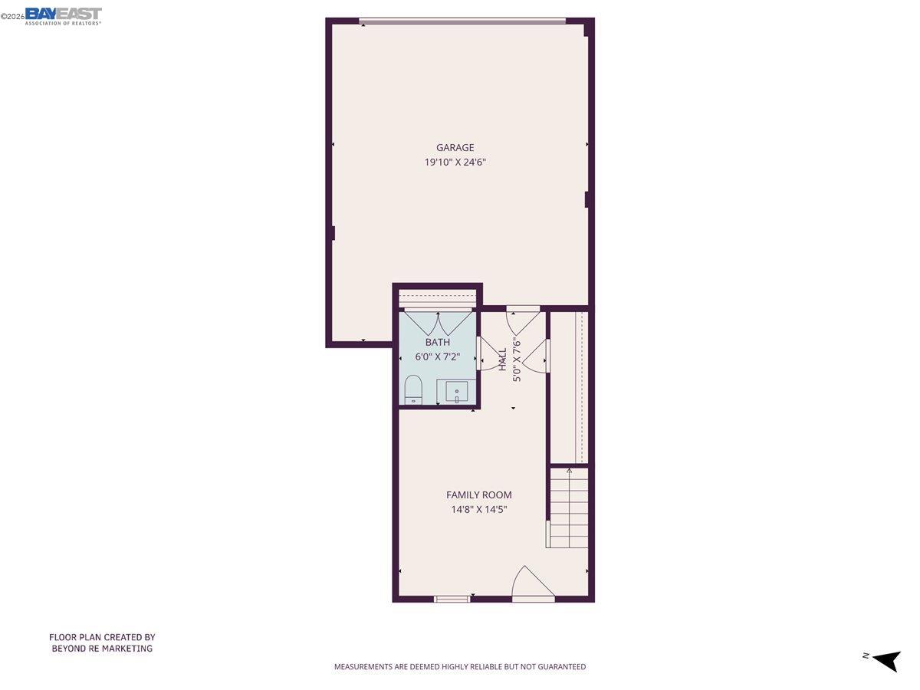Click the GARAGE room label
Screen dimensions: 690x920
tap(455, 148)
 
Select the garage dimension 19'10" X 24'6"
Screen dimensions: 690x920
tap(455, 163)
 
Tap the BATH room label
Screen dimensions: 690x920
tap(438, 343)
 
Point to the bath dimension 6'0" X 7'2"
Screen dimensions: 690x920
tap(438, 357)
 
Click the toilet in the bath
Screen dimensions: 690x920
tap(413, 389)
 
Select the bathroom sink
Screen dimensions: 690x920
tap(457, 393)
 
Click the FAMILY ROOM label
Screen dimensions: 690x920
tap(479, 495)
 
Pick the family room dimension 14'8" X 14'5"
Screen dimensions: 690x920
tap(479, 509)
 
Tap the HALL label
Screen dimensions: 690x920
tap(503, 360)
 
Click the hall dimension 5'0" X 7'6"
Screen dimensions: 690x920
tap(517, 360)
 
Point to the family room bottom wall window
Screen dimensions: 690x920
tap(452, 599)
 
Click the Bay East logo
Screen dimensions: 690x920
tap(63, 15)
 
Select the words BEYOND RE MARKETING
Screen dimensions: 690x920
tap(102, 649)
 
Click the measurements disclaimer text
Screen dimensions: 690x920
tap(460, 667)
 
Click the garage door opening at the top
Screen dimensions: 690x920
tap(462, 21)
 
